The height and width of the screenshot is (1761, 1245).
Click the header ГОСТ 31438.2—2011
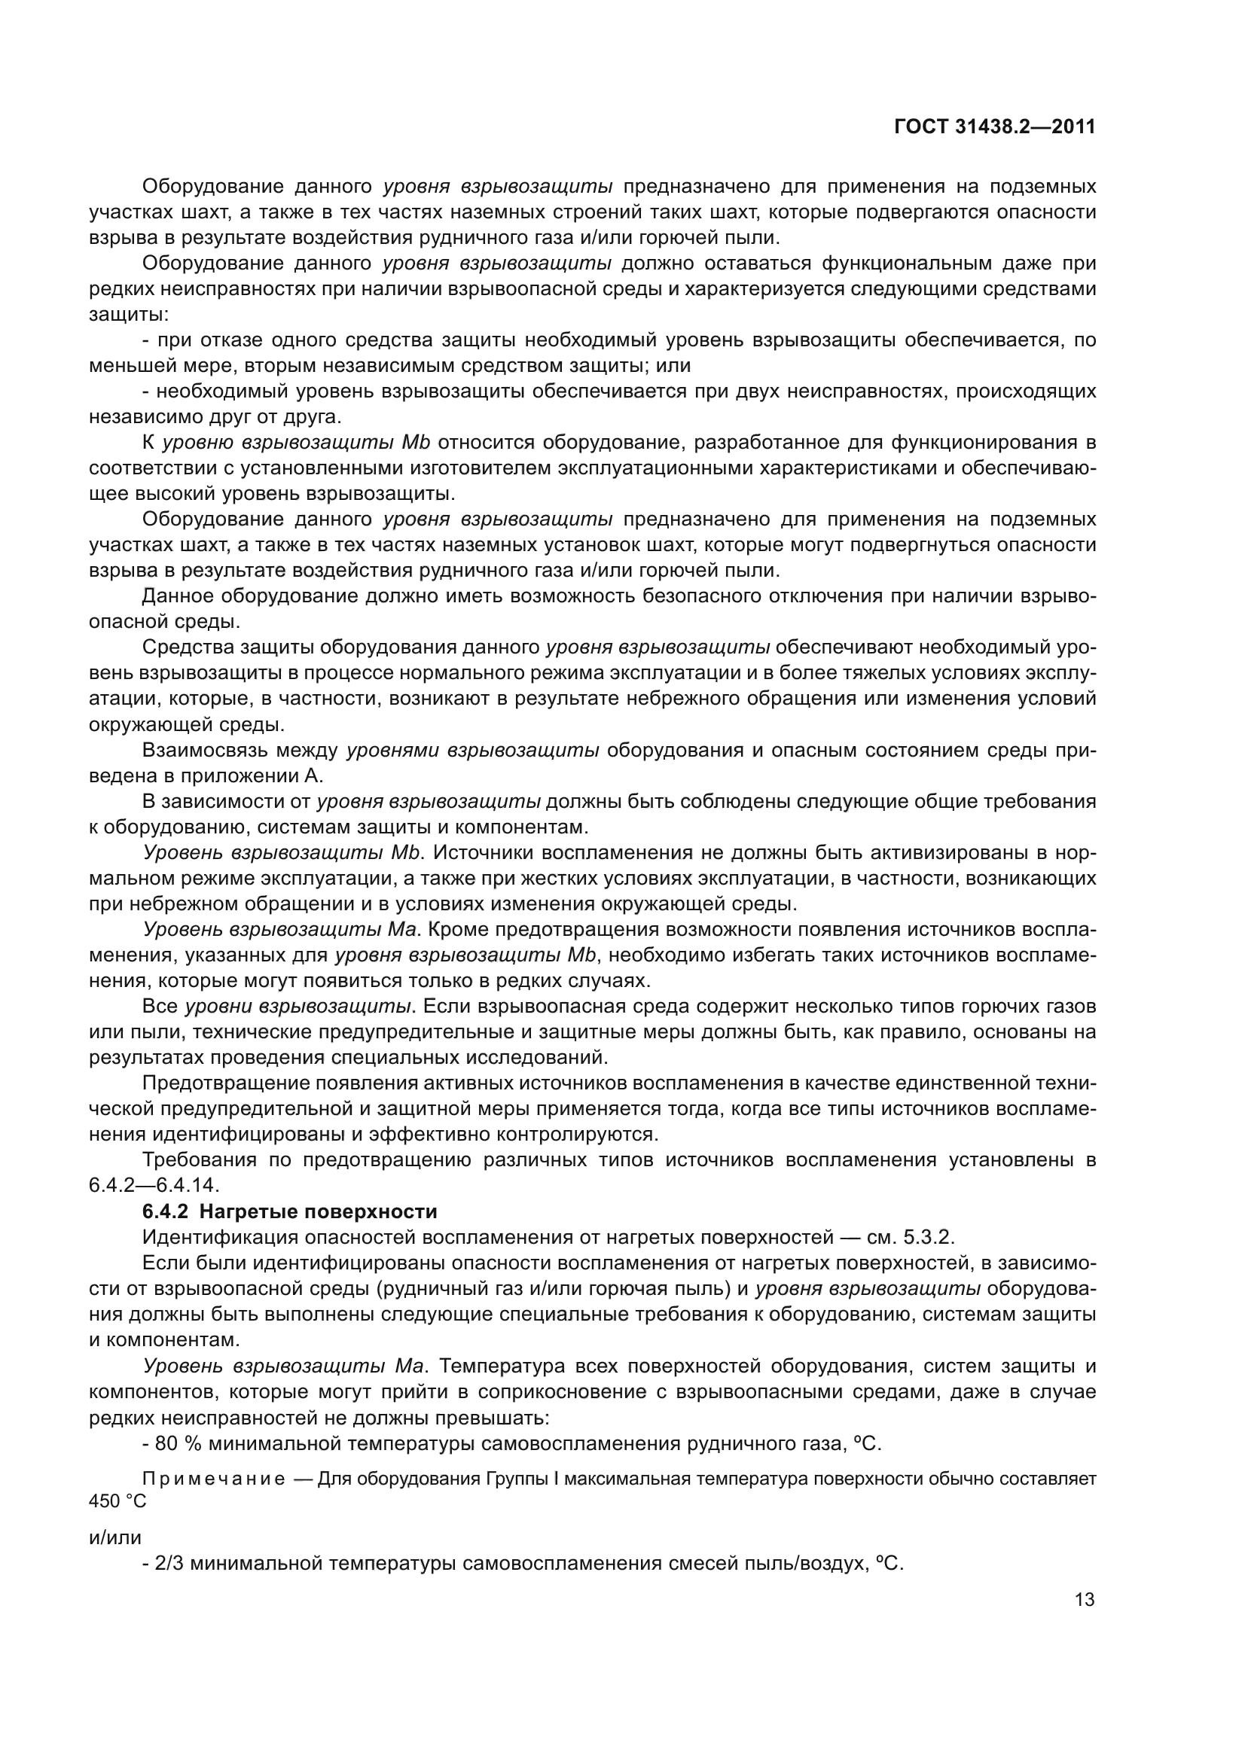[x=994, y=126]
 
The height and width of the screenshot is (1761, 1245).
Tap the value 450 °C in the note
[x=117, y=1501]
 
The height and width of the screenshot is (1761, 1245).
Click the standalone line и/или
[x=115, y=1537]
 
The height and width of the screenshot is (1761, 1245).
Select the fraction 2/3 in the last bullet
[x=167, y=1563]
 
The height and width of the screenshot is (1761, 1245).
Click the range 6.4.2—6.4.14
[x=154, y=1185]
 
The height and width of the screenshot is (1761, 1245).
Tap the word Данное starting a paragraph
[x=179, y=596]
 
